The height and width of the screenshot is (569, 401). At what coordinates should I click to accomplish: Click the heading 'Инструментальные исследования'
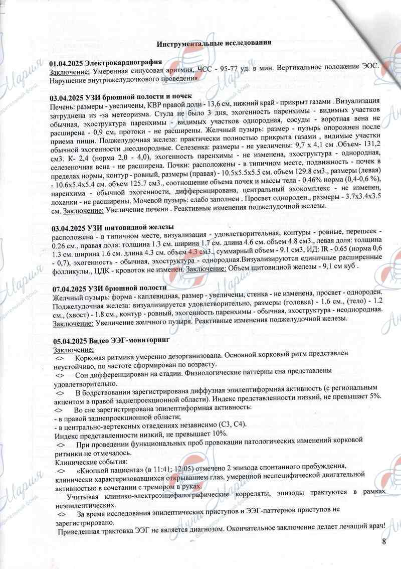[x=214, y=43]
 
